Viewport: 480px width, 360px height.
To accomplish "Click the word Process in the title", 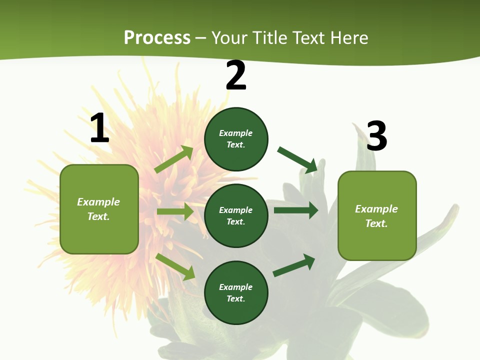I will [x=157, y=37].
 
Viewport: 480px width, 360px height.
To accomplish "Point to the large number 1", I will [x=99, y=128].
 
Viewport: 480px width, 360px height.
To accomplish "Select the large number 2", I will [x=236, y=75].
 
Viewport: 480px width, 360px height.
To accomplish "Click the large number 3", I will [x=376, y=136].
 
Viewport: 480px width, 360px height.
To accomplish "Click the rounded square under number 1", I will [x=99, y=209].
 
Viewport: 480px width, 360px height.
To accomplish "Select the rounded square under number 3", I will [x=377, y=215].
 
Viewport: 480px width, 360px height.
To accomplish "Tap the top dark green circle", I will [x=236, y=139].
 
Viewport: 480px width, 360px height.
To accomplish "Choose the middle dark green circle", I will [x=236, y=215].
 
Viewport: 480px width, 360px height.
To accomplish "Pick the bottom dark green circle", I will [x=236, y=292].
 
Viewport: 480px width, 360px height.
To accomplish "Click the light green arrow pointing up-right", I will [x=174, y=159].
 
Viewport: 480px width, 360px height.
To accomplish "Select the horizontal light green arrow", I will [x=175, y=211].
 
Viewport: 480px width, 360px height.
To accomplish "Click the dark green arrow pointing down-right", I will [x=297, y=159].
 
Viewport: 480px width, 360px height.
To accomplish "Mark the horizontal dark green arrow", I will [x=296, y=210].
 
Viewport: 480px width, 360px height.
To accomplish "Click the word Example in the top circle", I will [x=235, y=133].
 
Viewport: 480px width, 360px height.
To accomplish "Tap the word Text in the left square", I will [x=98, y=216].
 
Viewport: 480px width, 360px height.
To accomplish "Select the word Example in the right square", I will [x=376, y=209].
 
